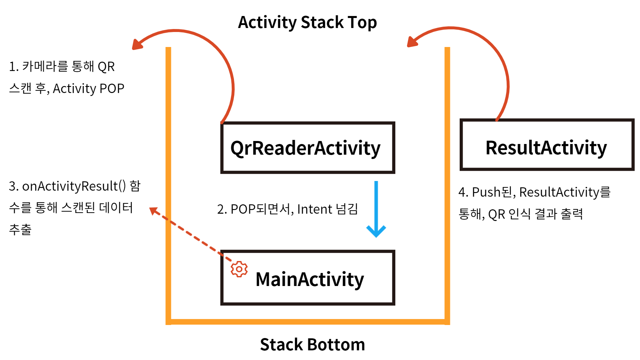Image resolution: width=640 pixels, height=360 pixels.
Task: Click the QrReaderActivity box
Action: pyautogui.click(x=307, y=148)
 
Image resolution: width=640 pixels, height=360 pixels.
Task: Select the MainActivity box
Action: pyautogui.click(x=307, y=278)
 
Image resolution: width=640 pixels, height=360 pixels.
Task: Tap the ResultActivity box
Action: pyautogui.click(x=547, y=145)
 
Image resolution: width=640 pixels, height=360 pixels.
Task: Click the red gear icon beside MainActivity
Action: pyautogui.click(x=239, y=269)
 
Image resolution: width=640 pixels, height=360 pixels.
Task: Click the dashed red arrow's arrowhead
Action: pyautogui.click(x=153, y=210)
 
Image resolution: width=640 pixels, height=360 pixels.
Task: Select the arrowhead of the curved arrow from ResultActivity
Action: pyautogui.click(x=412, y=42)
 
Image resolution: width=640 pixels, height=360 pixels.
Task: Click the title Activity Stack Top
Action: pyautogui.click(x=307, y=23)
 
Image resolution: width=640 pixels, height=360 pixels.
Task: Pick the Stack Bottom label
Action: pyautogui.click(x=312, y=344)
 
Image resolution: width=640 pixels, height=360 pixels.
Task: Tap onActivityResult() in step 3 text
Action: pyautogui.click(x=74, y=186)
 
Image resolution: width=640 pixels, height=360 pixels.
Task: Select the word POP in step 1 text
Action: pyautogui.click(x=112, y=89)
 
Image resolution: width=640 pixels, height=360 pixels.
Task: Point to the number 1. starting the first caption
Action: pyautogui.click(x=14, y=67)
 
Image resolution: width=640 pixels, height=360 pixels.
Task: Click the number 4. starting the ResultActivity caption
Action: pyautogui.click(x=463, y=192)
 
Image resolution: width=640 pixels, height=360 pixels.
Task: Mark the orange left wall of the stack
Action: pyautogui.click(x=168, y=183)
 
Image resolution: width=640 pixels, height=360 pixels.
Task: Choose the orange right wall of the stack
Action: pyautogui.click(x=447, y=183)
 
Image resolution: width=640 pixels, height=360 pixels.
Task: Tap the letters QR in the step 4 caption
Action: pyautogui.click(x=496, y=214)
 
